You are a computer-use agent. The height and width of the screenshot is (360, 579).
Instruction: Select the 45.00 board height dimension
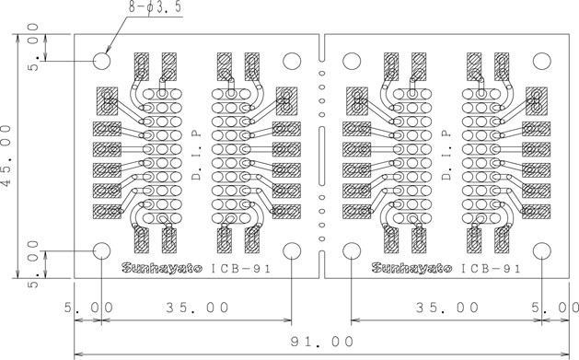(7, 156)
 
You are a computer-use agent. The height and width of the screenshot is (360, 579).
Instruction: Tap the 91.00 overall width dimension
(321, 342)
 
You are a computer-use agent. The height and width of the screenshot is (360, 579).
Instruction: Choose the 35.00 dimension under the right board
(446, 307)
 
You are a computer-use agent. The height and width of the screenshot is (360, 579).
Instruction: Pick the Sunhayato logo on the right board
(411, 268)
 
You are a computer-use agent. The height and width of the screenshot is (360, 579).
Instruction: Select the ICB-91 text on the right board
(491, 269)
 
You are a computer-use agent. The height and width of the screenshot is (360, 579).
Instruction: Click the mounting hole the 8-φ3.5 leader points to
(102, 62)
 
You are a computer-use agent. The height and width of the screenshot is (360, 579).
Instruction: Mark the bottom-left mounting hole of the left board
(102, 250)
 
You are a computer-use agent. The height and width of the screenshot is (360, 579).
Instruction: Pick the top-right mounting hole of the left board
(292, 62)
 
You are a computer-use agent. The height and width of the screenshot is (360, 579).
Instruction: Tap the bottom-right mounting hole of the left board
(292, 250)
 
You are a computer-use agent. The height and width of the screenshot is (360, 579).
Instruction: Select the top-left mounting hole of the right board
(352, 62)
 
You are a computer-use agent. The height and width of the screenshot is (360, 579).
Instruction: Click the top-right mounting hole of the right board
(540, 62)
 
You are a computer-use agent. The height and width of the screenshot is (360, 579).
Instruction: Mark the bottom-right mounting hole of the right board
(540, 250)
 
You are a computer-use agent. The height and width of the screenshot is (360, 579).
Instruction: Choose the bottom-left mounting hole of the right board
(352, 250)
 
